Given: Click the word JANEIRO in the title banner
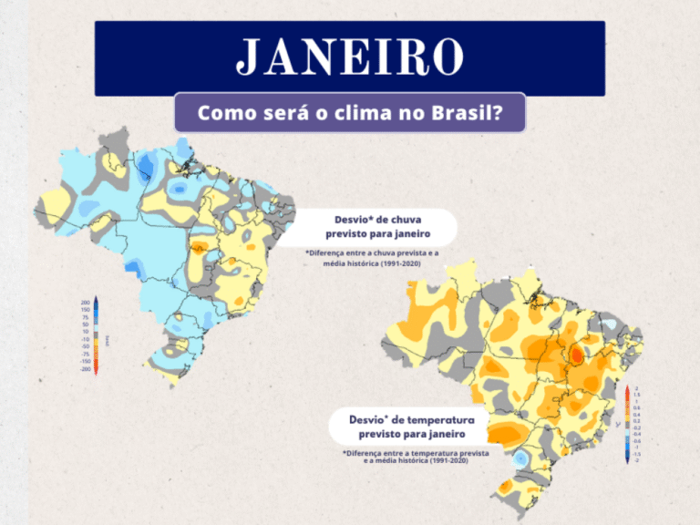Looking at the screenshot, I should [349, 57].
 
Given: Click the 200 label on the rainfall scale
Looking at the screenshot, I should [85, 302].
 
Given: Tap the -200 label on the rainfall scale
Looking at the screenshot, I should [85, 369].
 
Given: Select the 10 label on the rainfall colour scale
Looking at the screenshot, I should [86, 332].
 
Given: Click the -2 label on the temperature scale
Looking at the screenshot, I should [636, 461].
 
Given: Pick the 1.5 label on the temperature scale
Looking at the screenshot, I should [636, 395].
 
